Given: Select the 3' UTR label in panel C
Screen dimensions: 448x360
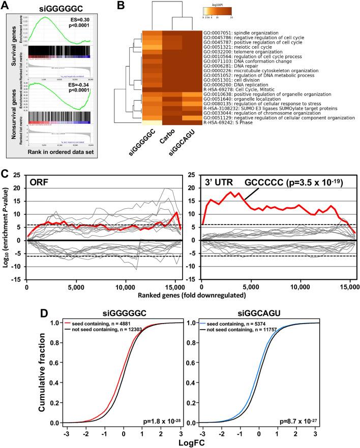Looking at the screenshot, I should click(216, 184).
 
